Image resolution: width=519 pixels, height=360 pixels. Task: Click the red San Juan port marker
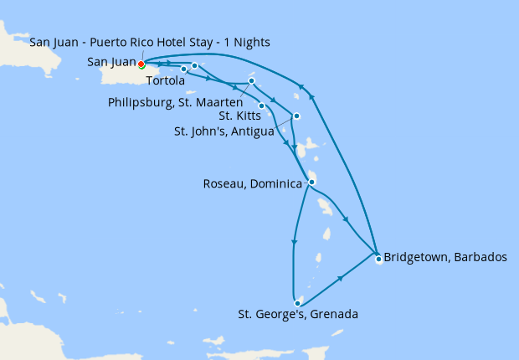141,64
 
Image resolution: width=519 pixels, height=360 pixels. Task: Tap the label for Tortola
165,81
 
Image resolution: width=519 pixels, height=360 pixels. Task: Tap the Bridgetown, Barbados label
445,257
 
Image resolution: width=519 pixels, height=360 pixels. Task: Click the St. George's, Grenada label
298,315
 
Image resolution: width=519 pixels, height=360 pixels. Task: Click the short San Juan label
111,62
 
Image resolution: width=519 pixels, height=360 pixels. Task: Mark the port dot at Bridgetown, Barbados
378,259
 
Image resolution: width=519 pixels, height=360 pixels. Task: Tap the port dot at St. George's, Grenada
297,303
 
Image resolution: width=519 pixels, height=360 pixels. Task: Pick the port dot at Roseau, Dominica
311,182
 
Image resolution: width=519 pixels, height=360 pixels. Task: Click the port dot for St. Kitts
262,105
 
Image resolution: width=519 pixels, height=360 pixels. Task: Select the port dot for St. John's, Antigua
296,116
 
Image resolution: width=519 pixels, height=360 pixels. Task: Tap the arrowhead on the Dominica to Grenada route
293,244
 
